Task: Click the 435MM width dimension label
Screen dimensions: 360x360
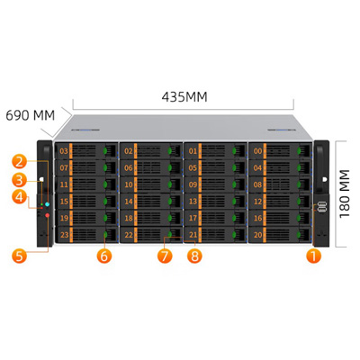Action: tap(184, 97)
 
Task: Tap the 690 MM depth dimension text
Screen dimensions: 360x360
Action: tap(31, 115)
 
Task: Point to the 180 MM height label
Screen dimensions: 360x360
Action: tap(345, 193)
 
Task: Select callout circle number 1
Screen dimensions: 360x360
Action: tap(313, 256)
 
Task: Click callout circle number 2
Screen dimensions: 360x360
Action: tap(20, 161)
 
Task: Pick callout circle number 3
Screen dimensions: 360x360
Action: tap(20, 181)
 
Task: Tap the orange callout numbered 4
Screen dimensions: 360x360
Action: tap(20, 197)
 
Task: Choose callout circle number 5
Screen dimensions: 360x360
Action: tap(20, 256)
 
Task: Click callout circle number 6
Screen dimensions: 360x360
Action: tap(104, 256)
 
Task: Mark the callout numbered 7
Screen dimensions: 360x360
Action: tap(165, 256)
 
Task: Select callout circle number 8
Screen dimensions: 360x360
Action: tap(194, 256)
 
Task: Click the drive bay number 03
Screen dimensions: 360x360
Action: tap(64, 151)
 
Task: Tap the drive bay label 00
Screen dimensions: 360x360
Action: tap(257, 151)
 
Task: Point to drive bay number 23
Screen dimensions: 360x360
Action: tap(64, 235)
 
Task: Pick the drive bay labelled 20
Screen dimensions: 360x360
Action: tap(257, 235)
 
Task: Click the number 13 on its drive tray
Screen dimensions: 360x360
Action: tap(193, 202)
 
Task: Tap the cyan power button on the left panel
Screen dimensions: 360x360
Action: tap(47, 204)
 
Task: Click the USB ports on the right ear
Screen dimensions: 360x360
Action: tap(322, 207)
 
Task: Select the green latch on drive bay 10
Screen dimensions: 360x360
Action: tap(170, 184)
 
